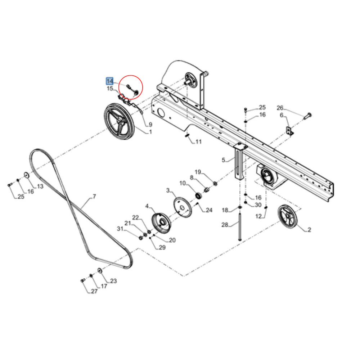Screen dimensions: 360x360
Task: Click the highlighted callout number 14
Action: pyautogui.click(x=109, y=82)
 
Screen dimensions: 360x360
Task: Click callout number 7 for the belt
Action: pyautogui.click(x=94, y=197)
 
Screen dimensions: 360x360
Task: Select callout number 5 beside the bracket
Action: pyautogui.click(x=223, y=160)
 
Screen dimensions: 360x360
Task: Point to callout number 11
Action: pyautogui.click(x=198, y=142)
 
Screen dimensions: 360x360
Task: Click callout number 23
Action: pyautogui.click(x=113, y=281)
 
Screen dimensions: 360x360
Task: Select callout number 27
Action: pyautogui.click(x=94, y=291)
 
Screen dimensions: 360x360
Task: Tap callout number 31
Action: pyautogui.click(x=120, y=229)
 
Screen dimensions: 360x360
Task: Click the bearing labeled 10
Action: pyautogui.click(x=198, y=195)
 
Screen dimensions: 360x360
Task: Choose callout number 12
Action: pyautogui.click(x=258, y=216)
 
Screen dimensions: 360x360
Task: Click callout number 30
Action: pyautogui.click(x=258, y=205)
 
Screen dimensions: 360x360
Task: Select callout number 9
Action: pyautogui.click(x=150, y=125)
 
